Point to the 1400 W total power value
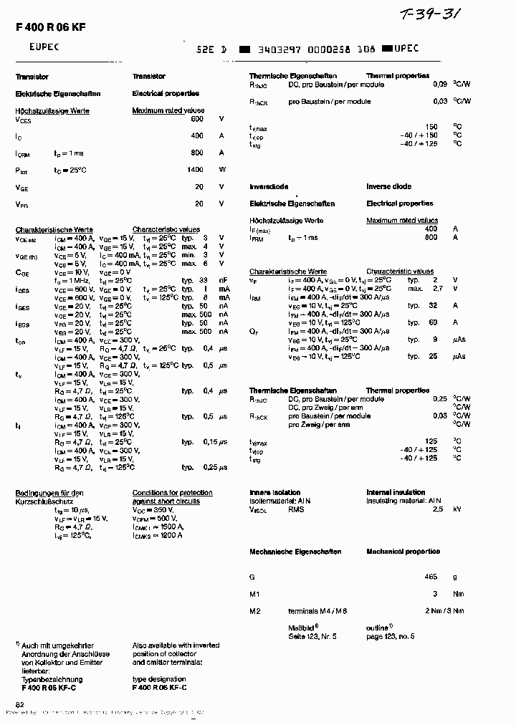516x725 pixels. pyautogui.click(x=195, y=170)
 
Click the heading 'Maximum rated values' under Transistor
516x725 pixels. pyautogui.click(x=168, y=111)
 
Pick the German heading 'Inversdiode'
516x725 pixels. pyautogui.click(x=270, y=186)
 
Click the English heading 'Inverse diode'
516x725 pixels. pyautogui.click(x=388, y=186)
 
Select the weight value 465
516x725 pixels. pyautogui.click(x=430, y=576)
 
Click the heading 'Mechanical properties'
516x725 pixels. pyautogui.click(x=403, y=552)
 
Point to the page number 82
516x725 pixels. pyautogui.click(x=20, y=705)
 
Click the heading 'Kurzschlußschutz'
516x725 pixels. pyautogui.click(x=40, y=501)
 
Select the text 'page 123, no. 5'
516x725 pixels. pyautogui.click(x=391, y=636)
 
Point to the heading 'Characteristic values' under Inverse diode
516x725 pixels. pyautogui.click(x=399, y=272)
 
